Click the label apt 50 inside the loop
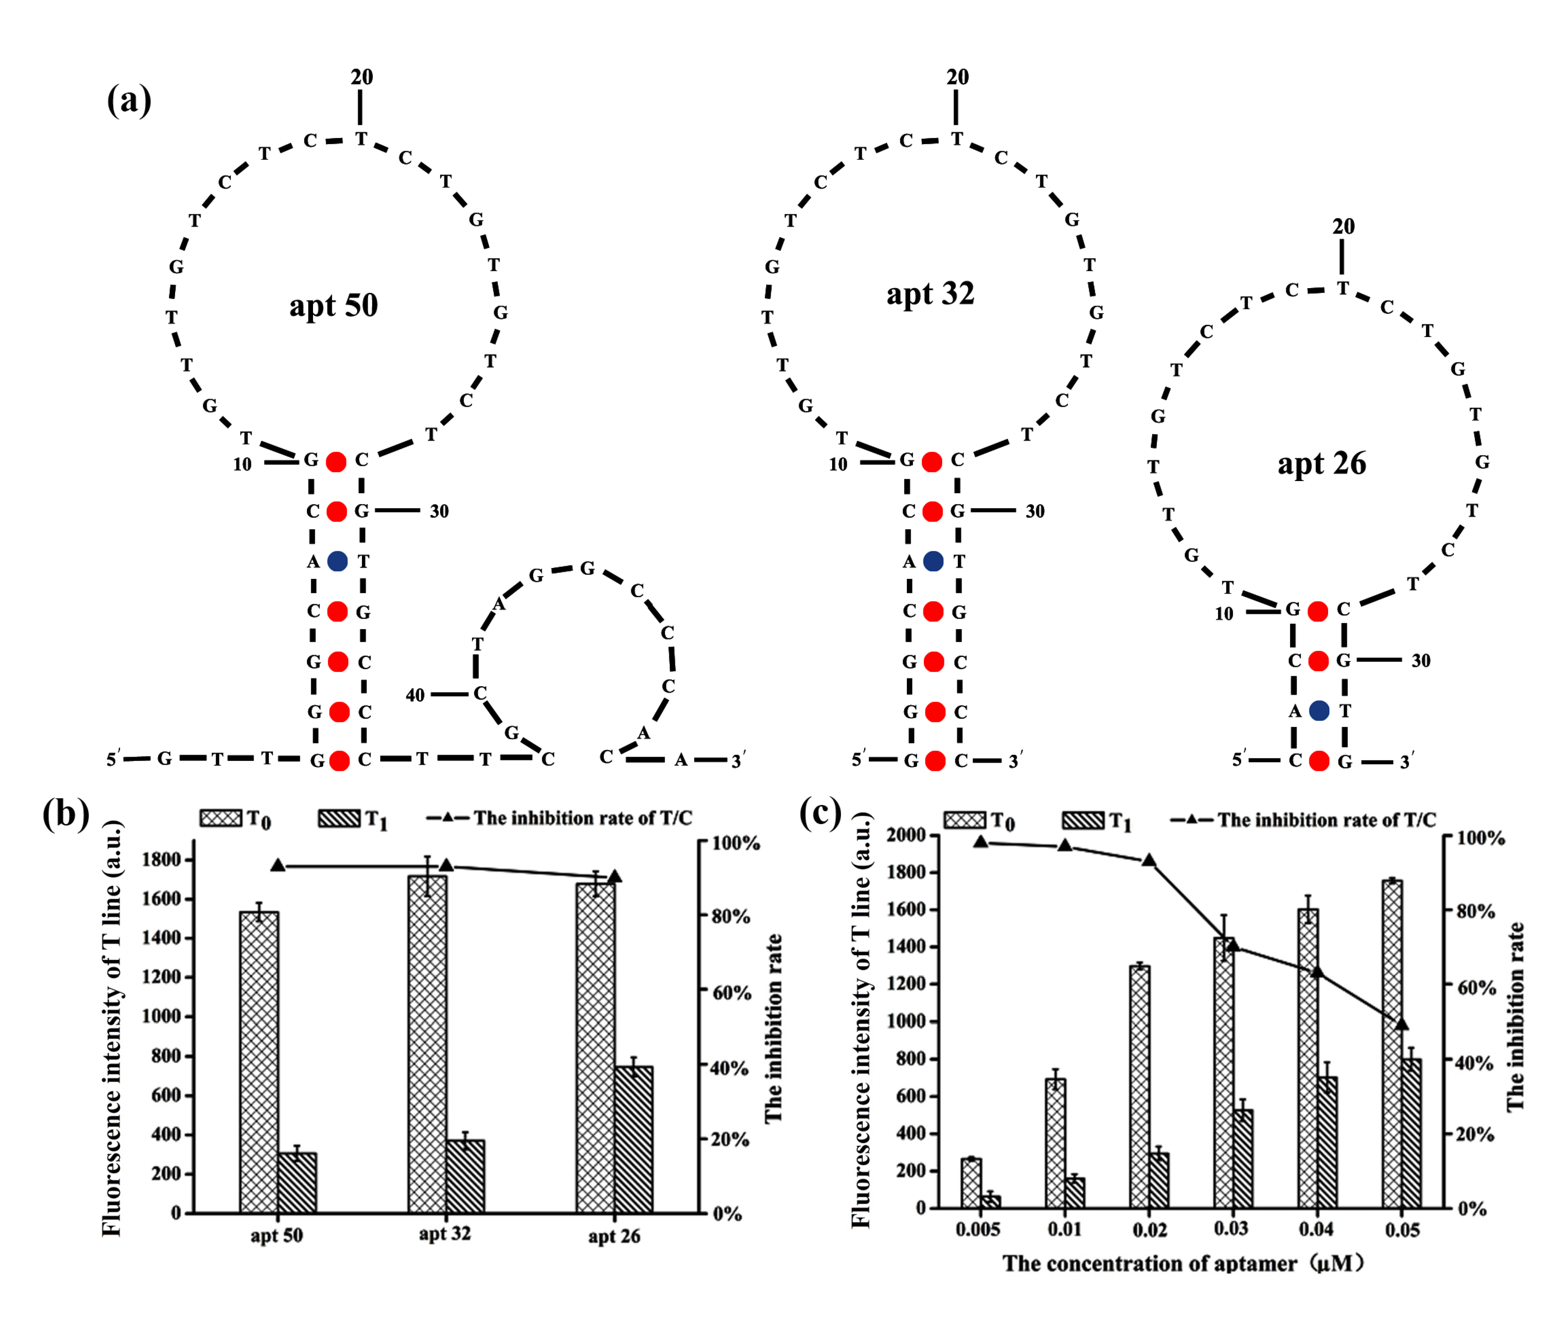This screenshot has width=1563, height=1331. tap(334, 306)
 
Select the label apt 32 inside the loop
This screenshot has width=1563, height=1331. tap(930, 293)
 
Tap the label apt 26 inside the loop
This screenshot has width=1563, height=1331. tap(1322, 463)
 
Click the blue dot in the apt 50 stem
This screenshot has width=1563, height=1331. tap(337, 561)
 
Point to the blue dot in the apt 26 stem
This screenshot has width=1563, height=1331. tap(1319, 710)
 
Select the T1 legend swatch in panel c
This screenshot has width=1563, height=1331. tap(1082, 820)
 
